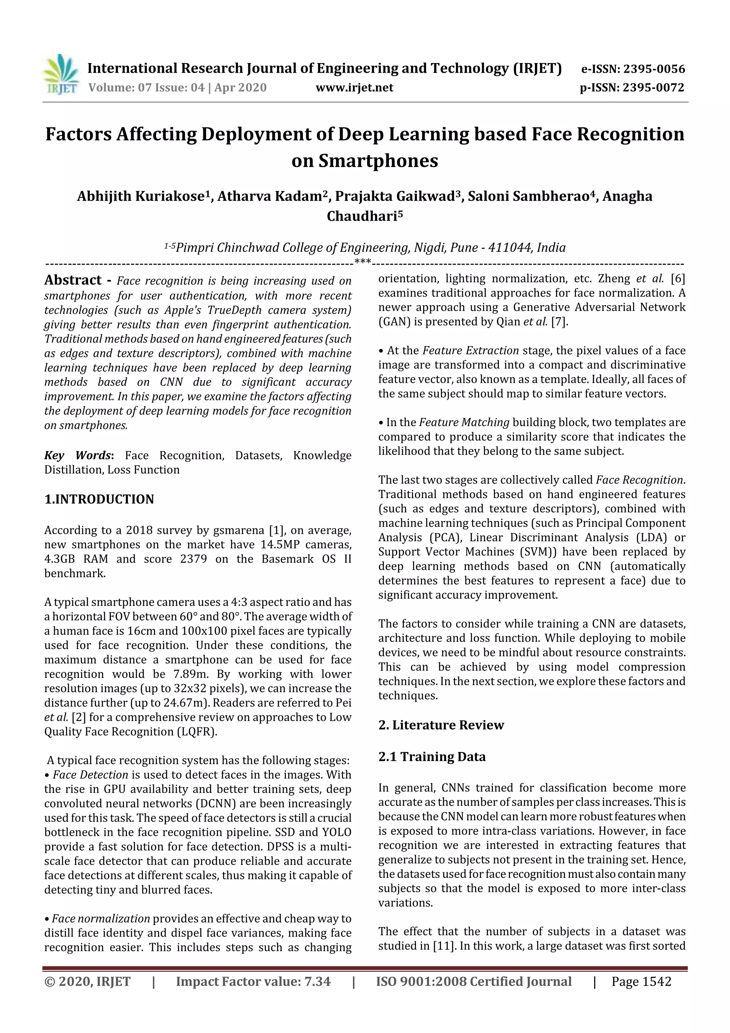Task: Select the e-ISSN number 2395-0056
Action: click(x=654, y=69)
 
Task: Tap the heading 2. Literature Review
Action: click(x=441, y=725)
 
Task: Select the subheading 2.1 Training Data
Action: click(x=432, y=756)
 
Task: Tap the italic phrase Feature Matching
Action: click(x=464, y=422)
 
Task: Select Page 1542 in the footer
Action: click(x=641, y=981)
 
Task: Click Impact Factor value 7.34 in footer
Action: click(x=253, y=981)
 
